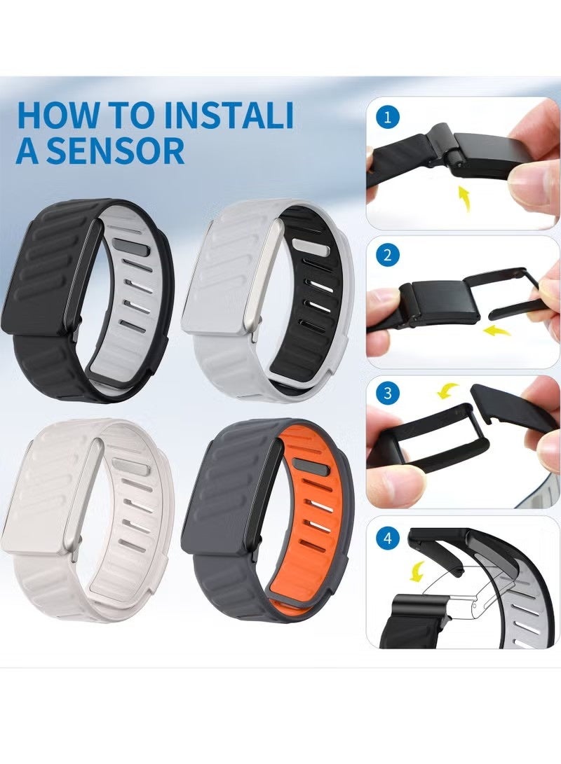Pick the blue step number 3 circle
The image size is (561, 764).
(386, 393)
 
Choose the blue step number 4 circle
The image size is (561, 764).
(386, 540)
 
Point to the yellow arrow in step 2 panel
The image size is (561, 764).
(499, 329)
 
